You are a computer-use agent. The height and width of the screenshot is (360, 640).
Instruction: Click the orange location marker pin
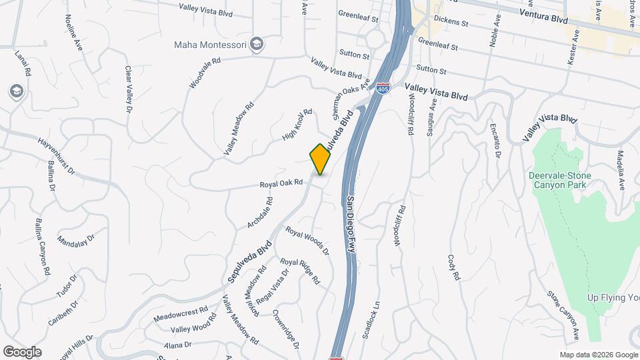(x=320, y=159)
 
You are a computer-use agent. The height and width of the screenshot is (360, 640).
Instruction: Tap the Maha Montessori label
(x=211, y=45)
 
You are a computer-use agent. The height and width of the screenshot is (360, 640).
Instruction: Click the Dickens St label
(x=450, y=22)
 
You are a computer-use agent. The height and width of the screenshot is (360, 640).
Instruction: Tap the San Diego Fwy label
(x=349, y=223)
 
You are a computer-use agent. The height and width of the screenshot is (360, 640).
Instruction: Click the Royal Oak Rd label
(x=281, y=182)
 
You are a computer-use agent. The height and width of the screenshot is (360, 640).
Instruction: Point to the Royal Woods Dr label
(x=307, y=240)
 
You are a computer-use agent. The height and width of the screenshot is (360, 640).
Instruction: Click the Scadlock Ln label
(x=370, y=319)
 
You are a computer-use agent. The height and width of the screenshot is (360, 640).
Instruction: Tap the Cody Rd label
(x=455, y=267)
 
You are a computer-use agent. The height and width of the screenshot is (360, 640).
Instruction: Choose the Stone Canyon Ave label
(x=563, y=313)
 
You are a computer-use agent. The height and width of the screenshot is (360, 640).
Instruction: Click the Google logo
(x=22, y=352)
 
